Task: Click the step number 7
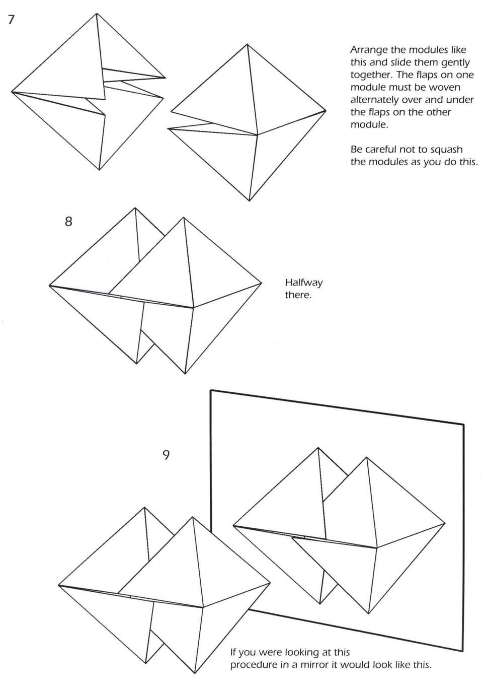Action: (11, 20)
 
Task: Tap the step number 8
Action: (68, 221)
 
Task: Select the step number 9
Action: (166, 455)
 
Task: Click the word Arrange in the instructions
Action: (369, 50)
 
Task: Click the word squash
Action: (446, 150)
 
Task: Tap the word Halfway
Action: (304, 283)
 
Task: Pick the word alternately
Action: (374, 100)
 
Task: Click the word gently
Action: (455, 62)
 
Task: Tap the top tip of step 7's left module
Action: (97, 14)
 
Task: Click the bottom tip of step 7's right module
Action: (250, 200)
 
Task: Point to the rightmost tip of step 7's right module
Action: (326, 111)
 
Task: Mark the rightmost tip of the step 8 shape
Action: (262, 284)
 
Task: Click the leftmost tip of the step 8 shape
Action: (49, 286)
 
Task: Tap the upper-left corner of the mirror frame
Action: (211, 390)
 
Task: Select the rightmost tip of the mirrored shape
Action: (445, 524)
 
